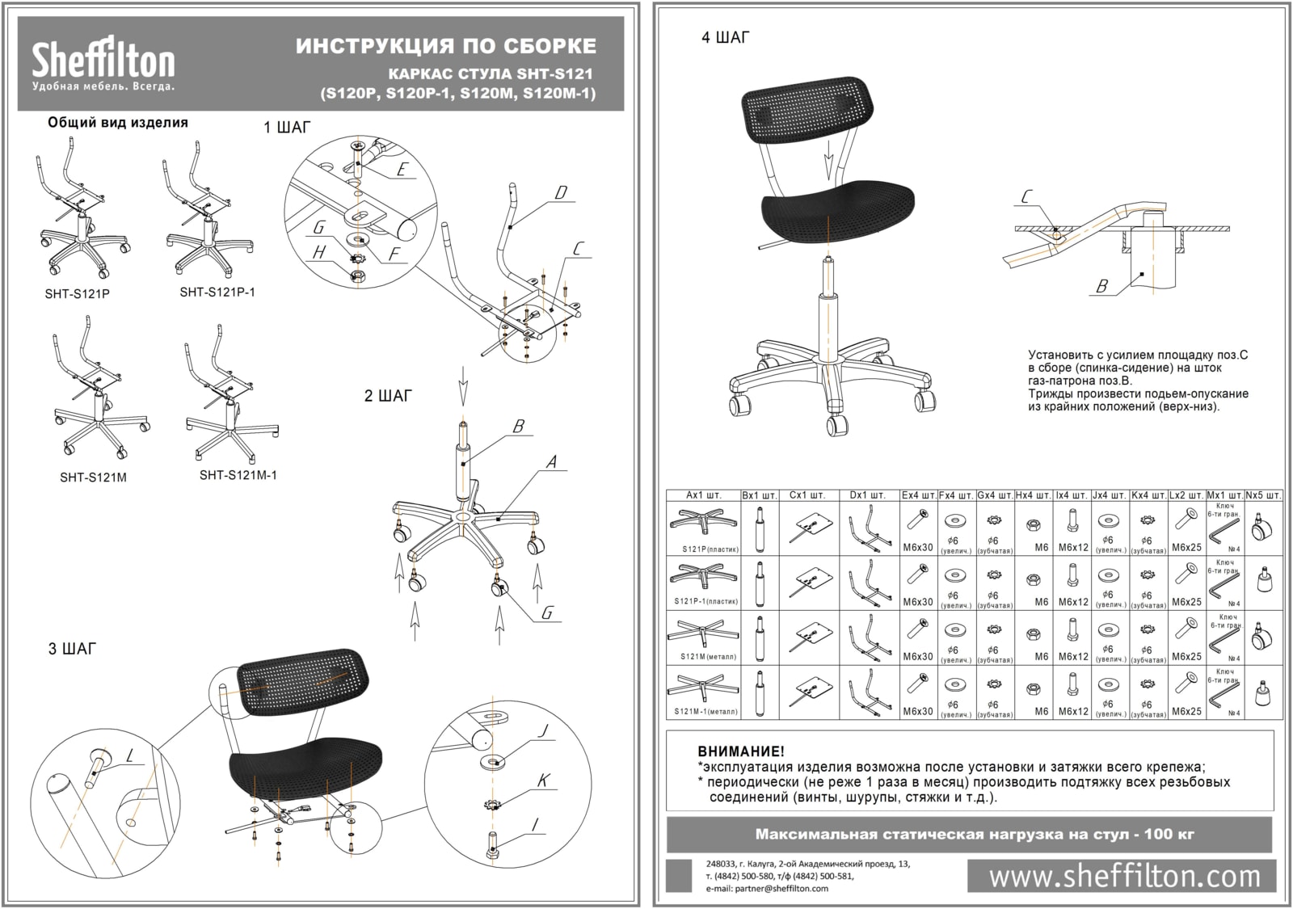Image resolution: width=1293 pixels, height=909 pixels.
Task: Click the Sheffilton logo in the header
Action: pyautogui.click(x=103, y=64)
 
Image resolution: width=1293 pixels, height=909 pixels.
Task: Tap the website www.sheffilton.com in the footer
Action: pyautogui.click(x=1124, y=876)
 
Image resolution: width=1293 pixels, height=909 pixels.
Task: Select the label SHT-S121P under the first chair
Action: pyautogui.click(x=77, y=294)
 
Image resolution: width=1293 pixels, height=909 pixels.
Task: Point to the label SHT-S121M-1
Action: pyautogui.click(x=238, y=475)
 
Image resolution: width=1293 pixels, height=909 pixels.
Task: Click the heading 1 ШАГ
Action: pyautogui.click(x=286, y=128)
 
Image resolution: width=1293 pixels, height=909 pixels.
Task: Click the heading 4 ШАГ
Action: pyautogui.click(x=726, y=38)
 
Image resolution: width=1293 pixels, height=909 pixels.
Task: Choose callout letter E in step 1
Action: pyautogui.click(x=402, y=170)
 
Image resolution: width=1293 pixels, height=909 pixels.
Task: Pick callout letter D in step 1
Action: pyautogui.click(x=560, y=193)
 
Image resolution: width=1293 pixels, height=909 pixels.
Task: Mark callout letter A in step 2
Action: pyautogui.click(x=552, y=463)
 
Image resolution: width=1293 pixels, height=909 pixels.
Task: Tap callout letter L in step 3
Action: pyautogui.click(x=131, y=755)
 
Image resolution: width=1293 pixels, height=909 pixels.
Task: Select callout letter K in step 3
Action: pyautogui.click(x=544, y=781)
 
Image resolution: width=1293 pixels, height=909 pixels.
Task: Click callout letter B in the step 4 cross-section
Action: pyautogui.click(x=1101, y=286)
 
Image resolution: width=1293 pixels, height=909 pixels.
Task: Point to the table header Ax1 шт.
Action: pyautogui.click(x=703, y=494)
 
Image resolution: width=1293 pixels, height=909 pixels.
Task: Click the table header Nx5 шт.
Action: pyautogui.click(x=1263, y=494)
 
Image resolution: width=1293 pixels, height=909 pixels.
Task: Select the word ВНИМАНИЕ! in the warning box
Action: pyautogui.click(x=740, y=751)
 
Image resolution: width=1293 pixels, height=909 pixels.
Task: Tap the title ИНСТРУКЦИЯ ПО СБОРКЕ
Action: pyautogui.click(x=446, y=46)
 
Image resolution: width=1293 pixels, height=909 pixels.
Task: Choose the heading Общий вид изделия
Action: pyautogui.click(x=118, y=123)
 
